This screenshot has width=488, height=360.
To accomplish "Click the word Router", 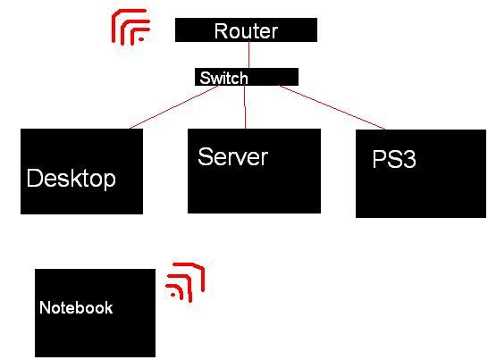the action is tap(246, 31).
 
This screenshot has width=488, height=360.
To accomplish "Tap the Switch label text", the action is tap(223, 78).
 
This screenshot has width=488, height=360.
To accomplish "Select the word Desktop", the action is tap(72, 179).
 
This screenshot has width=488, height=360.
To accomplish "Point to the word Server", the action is tap(232, 156).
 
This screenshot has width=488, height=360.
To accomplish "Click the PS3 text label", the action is tap(394, 159).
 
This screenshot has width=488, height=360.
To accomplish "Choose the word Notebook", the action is tap(76, 307).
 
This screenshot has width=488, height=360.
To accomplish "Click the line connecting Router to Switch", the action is tap(249, 54).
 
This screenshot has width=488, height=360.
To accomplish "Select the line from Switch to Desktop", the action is tap(173, 107).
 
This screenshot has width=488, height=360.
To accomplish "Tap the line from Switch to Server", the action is tap(245, 107).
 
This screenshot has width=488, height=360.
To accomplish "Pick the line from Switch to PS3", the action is tap(332, 107).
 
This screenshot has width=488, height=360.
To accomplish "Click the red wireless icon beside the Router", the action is tap(130, 28).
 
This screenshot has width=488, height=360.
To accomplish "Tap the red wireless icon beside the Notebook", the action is tap(186, 282).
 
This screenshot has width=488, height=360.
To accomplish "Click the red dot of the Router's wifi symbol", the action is tap(141, 39).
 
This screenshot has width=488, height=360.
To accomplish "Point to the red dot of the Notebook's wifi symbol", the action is tap(173, 295).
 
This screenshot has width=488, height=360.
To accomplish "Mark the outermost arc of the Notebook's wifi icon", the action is tap(202, 274).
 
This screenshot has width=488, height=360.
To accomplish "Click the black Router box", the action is tap(246, 29).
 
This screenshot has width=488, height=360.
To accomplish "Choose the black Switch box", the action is tap(247, 77).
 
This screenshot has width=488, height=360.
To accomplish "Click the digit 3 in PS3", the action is tap(409, 159).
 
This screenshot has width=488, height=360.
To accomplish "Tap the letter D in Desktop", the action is tap(34, 178).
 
